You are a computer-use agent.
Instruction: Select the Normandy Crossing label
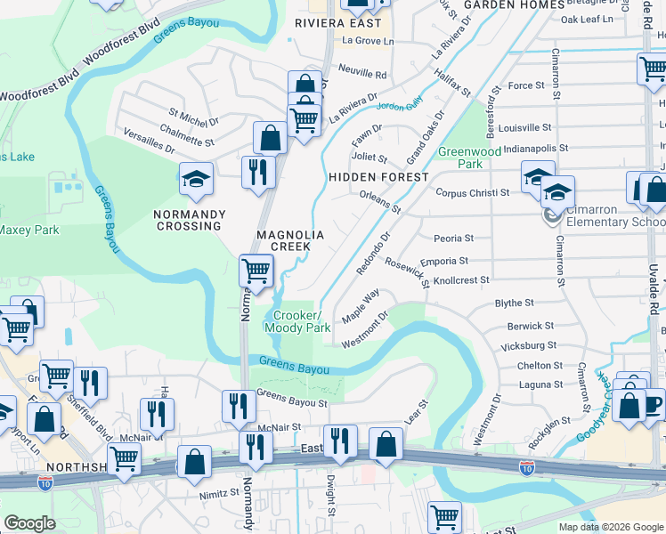(x=187, y=220)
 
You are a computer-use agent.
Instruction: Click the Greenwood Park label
(x=459, y=158)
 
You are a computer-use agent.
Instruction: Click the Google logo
(x=30, y=523)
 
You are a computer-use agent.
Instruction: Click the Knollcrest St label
(x=460, y=279)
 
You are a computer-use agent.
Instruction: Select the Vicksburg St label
(x=530, y=344)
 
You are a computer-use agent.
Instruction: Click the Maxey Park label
(x=28, y=230)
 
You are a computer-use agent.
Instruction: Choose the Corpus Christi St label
(x=472, y=192)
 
